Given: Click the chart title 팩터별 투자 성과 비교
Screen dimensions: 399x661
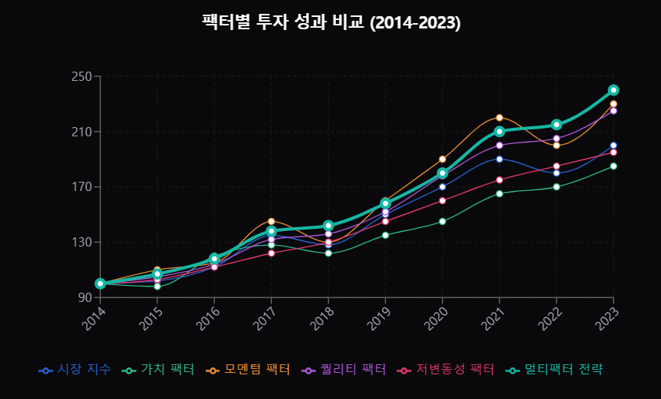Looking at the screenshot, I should click(330, 22).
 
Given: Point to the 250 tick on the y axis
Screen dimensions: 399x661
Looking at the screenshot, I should click(82, 76).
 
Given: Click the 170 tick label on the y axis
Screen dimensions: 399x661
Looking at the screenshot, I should click(82, 186).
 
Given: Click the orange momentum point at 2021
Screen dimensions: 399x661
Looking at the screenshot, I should click(499, 118).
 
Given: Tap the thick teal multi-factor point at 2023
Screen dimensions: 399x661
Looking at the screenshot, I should click(613, 90).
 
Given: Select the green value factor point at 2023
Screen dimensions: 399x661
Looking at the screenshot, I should click(613, 166).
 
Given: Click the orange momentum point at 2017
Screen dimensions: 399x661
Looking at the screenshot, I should click(271, 221).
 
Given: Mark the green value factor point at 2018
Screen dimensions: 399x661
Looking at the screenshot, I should click(328, 253).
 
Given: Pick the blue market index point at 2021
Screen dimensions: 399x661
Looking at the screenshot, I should click(499, 159).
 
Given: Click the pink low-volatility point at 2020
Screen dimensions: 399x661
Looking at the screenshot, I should click(442, 201).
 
